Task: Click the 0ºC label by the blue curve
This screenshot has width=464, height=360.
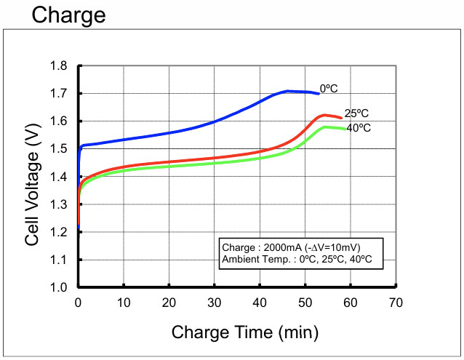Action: pos(329,87)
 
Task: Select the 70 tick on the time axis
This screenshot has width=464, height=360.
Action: pos(396,302)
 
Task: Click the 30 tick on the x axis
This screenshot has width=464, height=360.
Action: pos(215,302)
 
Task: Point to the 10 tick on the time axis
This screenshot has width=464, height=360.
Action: pos(124,302)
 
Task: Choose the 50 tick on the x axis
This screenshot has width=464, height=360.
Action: pos(305,302)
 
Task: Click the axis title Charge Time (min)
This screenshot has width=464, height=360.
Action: pos(244,332)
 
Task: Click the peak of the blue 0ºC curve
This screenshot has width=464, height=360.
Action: pos(289,91)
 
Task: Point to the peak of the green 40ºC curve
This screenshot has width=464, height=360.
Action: pos(326,127)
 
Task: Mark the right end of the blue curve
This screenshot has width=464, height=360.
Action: pos(319,93)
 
